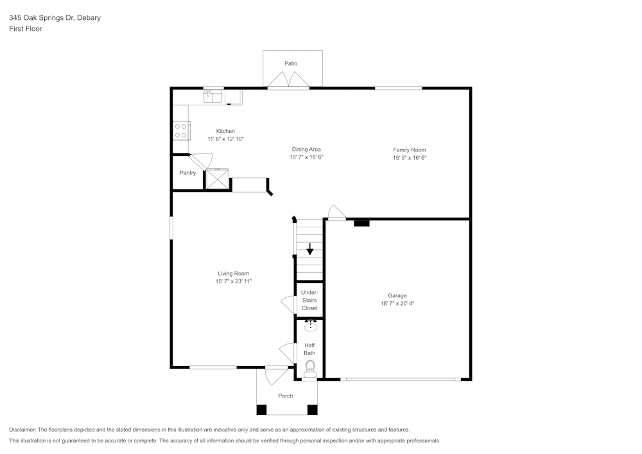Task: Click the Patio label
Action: point(291,64)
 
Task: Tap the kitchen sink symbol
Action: point(213,96)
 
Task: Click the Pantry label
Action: point(187,173)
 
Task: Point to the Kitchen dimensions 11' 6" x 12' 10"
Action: point(225,139)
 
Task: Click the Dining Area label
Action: point(306,150)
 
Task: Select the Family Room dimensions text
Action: point(410,157)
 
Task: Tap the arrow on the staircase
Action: point(310,249)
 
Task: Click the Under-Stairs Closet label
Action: point(309,300)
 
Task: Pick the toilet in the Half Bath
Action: point(310,369)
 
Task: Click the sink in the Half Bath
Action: point(311,326)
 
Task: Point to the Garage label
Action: point(397,295)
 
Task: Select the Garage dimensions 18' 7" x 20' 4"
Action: point(397,303)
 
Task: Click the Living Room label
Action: point(234,274)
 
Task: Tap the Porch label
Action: point(286,396)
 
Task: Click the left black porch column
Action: point(262,410)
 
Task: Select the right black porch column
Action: point(313,410)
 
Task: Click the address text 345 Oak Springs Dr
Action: point(41,17)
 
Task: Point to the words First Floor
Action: point(26,29)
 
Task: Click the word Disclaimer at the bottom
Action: point(22,430)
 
